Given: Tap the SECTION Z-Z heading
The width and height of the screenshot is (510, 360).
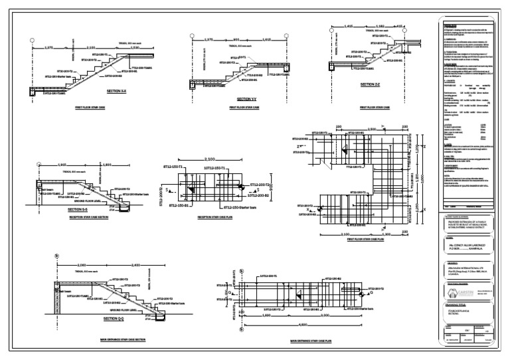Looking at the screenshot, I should tap(371, 85).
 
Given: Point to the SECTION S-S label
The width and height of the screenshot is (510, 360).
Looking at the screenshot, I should tap(77, 209).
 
